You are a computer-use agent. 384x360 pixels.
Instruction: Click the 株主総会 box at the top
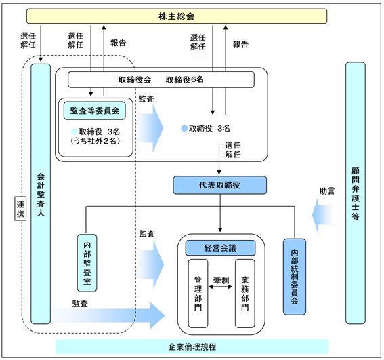(x=177, y=16)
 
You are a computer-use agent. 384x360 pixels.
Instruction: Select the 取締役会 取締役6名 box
(x=161, y=79)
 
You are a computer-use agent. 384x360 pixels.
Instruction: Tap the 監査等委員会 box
(x=95, y=111)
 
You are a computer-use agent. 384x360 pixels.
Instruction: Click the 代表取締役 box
(x=219, y=185)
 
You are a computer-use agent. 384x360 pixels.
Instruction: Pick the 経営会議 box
(x=220, y=248)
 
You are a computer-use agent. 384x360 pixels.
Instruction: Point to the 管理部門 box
(x=198, y=294)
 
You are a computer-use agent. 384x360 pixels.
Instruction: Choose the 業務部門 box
(x=245, y=294)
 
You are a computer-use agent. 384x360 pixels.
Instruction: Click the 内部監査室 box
(x=87, y=263)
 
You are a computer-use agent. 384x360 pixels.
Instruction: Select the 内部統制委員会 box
(x=295, y=277)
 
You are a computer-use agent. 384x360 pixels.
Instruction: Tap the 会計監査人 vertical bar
(x=41, y=194)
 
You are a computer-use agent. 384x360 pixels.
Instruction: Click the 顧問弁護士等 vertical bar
(x=356, y=193)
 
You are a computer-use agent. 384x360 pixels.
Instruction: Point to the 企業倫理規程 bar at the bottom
(x=192, y=346)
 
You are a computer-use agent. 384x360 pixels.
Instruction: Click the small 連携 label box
(x=20, y=208)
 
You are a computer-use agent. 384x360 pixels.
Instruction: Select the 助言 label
(x=327, y=191)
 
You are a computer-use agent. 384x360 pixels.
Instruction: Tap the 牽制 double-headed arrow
(x=220, y=287)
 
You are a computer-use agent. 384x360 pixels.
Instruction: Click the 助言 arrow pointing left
(x=324, y=215)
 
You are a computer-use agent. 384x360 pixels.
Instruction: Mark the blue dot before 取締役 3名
(x=184, y=128)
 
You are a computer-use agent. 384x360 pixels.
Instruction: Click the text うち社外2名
(x=95, y=141)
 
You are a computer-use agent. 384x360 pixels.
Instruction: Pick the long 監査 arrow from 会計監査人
(x=108, y=315)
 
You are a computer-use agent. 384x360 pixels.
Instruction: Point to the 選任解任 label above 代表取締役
(x=233, y=150)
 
